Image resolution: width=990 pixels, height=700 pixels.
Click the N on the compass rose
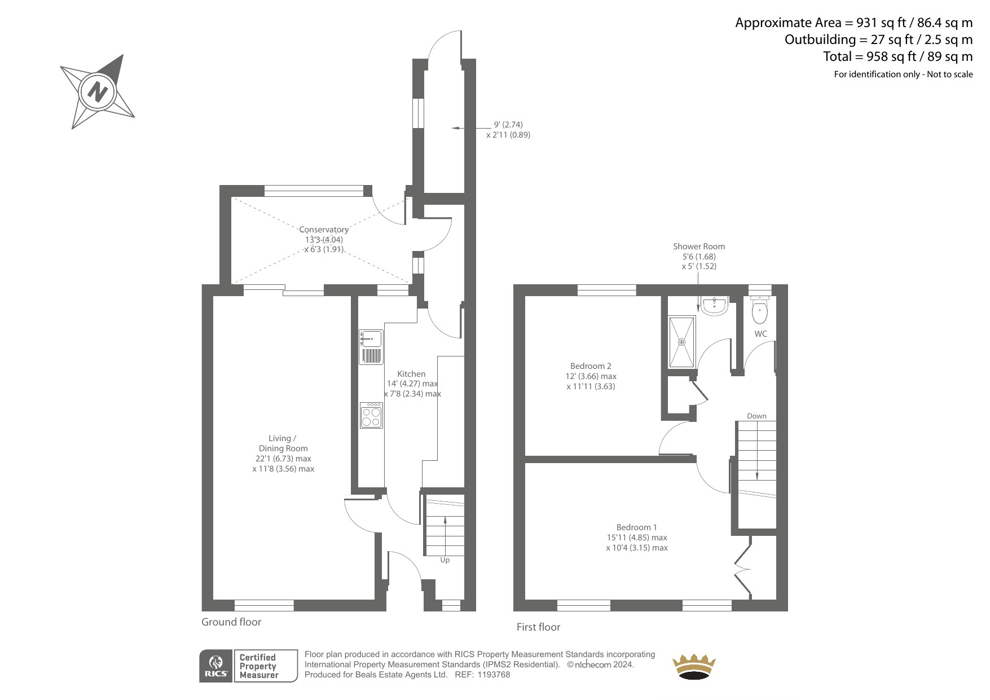tap(98, 91)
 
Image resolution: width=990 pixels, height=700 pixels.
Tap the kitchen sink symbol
tap(371, 347)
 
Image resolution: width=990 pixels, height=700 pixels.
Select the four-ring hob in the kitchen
tap(371, 415)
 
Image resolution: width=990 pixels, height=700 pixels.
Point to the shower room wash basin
tap(714, 306)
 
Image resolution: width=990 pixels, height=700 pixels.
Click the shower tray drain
tap(681, 342)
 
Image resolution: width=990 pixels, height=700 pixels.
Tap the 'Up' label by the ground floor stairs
tap(445, 560)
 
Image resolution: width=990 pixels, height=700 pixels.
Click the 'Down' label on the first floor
tap(756, 416)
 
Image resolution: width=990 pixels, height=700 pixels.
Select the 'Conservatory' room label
tap(324, 230)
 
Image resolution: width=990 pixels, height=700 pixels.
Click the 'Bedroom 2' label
tap(591, 366)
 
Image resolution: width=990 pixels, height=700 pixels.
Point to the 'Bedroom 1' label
tap(636, 527)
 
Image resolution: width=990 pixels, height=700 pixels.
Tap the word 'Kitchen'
tap(411, 374)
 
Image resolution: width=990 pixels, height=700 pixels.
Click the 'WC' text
tap(761, 334)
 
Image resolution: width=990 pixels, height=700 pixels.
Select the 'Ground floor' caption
tap(231, 622)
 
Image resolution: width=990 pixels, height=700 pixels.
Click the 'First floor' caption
tap(538, 627)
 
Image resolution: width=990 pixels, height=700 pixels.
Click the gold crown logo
tap(693, 667)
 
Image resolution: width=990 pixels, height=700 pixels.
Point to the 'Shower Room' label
tap(699, 246)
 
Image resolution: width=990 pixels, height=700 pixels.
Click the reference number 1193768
tap(494, 675)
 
